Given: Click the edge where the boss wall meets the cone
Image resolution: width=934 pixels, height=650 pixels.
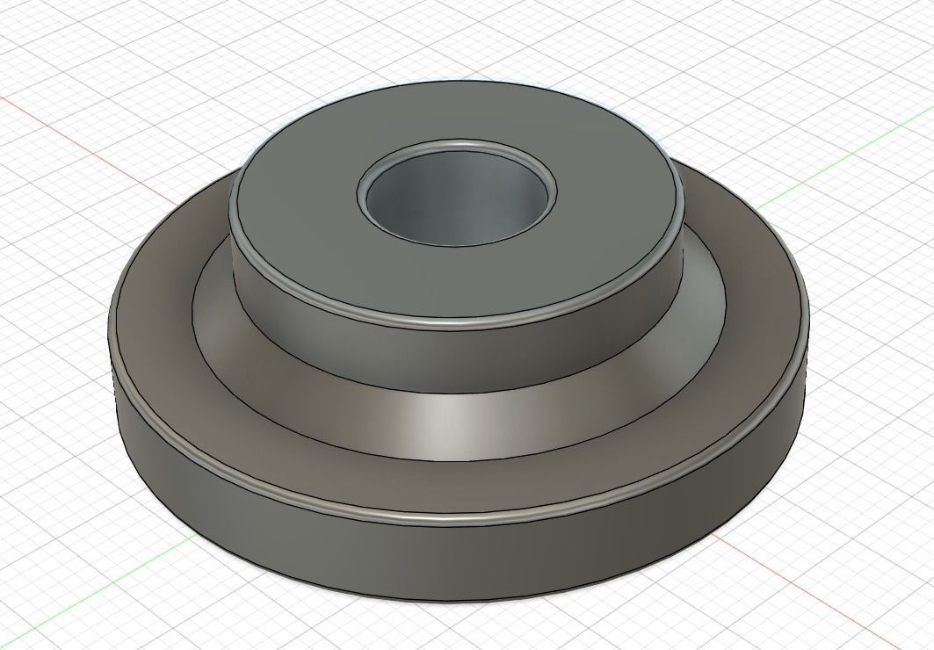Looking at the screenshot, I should pos(457,393).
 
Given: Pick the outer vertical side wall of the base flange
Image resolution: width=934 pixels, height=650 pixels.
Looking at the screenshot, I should pos(457,562).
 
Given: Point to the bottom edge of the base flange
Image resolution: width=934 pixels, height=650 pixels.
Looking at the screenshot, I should pos(457,602).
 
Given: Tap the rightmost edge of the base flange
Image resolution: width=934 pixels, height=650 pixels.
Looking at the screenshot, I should pos(807,316).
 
